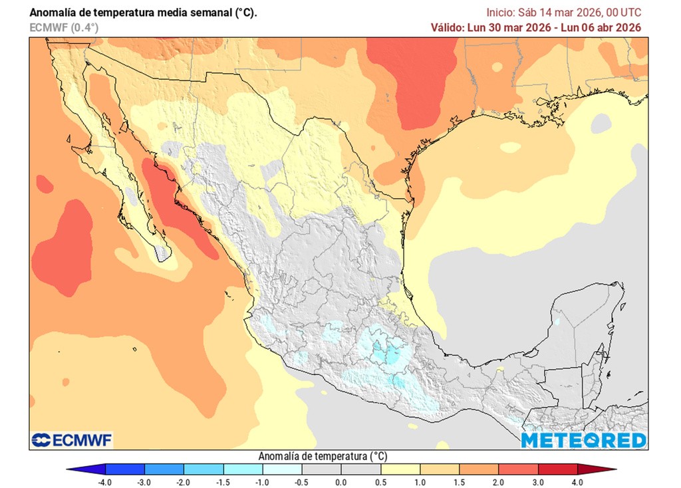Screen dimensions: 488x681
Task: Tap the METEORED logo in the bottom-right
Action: (x=583, y=440)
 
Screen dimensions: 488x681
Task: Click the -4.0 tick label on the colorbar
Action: (x=104, y=482)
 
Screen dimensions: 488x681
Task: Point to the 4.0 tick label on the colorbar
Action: (x=577, y=482)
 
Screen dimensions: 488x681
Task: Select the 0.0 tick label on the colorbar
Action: (x=340, y=482)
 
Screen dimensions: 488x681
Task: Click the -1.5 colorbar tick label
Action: (x=223, y=482)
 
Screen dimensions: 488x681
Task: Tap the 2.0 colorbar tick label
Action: (x=499, y=482)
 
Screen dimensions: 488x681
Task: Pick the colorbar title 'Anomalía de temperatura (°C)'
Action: (x=322, y=456)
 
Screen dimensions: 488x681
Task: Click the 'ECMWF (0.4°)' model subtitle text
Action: (x=64, y=27)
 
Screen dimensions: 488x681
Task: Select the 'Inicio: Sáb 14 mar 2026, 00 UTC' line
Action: (x=563, y=12)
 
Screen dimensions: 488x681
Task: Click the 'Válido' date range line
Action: (x=535, y=27)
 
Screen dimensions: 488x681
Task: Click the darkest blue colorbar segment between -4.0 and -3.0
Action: (x=124, y=469)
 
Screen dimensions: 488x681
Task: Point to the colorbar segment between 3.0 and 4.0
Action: (x=557, y=469)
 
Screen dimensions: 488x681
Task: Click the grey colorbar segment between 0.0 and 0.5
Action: (x=360, y=469)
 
